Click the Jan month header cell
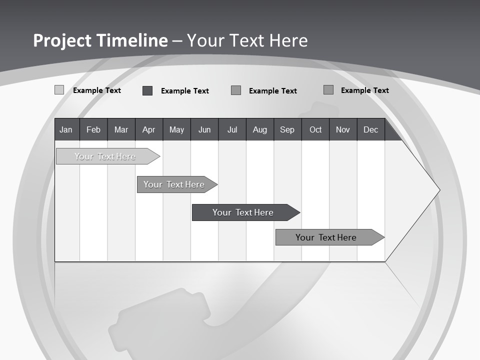point(66,129)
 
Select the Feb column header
point(93,129)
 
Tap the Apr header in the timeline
point(149,129)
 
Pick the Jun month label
point(204,129)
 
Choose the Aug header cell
point(260,129)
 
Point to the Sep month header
point(287,129)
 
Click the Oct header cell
point(315,129)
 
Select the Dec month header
point(371,129)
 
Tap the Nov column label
point(343,129)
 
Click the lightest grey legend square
point(59,90)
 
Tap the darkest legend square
point(147,90)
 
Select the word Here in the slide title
point(288,40)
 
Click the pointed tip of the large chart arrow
point(438,190)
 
